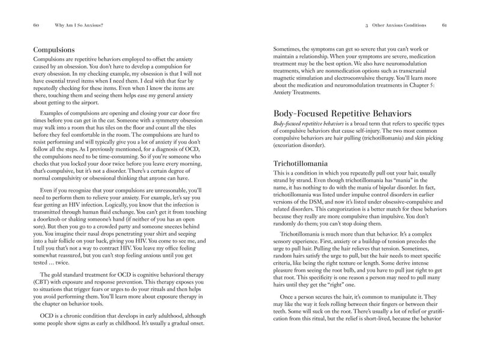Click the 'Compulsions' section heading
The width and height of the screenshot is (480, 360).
(x=57, y=50)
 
